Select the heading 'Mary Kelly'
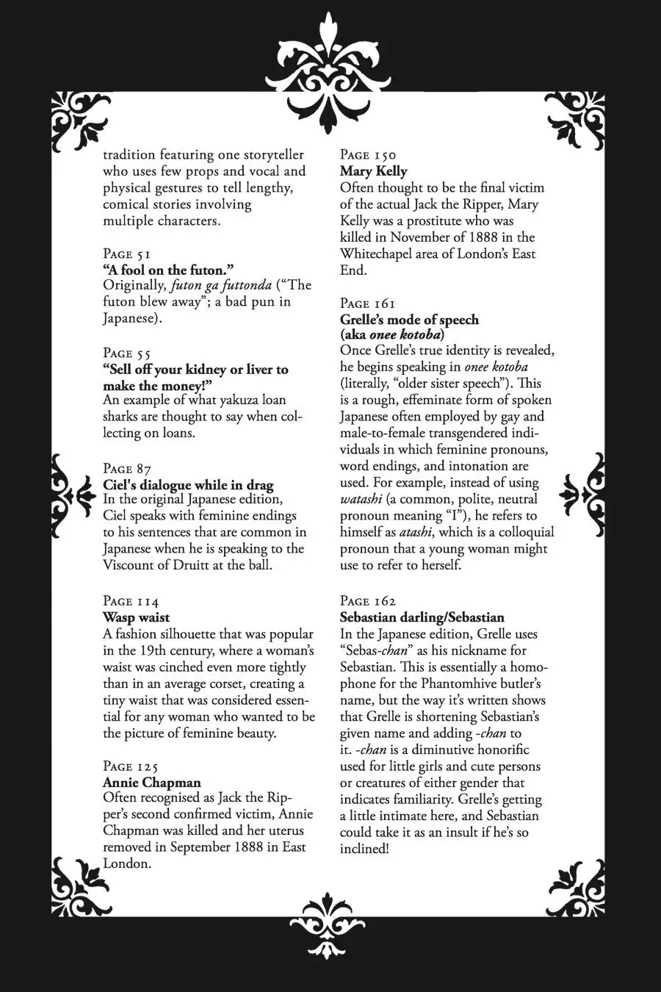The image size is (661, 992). click(x=373, y=171)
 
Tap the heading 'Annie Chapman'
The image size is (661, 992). click(x=151, y=783)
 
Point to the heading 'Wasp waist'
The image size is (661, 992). click(x=136, y=617)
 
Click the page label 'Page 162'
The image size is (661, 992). click(x=368, y=601)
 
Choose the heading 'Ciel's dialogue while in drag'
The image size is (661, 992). click(x=188, y=485)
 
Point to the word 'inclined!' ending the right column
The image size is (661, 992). click(x=364, y=849)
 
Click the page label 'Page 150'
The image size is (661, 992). click(x=368, y=155)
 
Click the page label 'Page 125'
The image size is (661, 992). click(x=131, y=766)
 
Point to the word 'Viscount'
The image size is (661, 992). click(x=130, y=565)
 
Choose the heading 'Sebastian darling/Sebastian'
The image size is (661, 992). click(x=422, y=617)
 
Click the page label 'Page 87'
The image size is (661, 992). click(x=127, y=469)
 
